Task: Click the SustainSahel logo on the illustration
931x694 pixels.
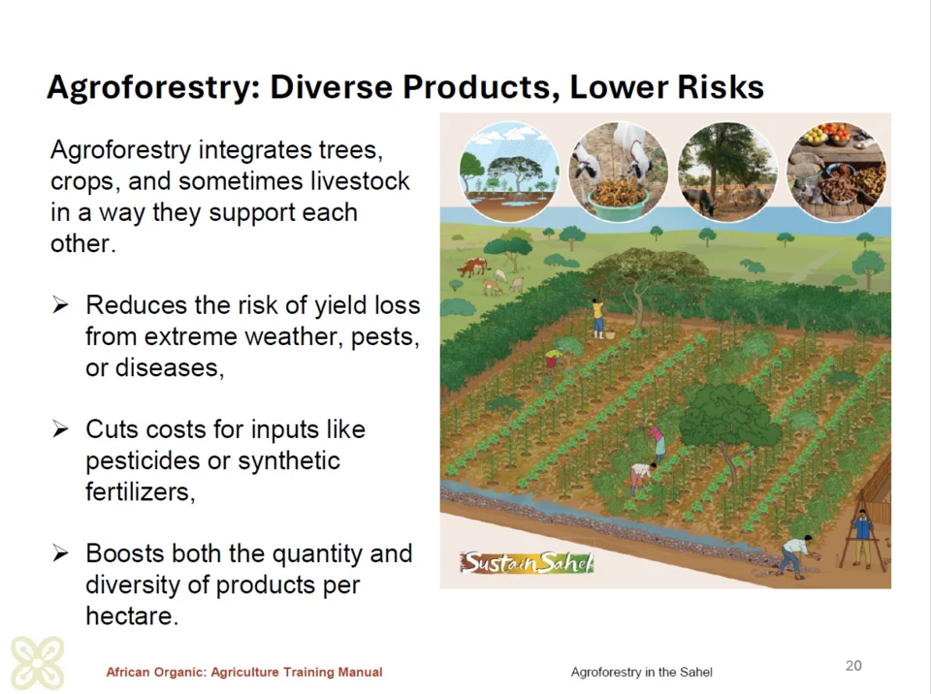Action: tap(527, 562)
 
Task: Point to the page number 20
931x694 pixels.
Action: tap(853, 666)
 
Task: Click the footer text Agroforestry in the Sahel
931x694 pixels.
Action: tap(641, 672)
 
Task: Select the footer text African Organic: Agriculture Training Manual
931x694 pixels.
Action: tap(244, 672)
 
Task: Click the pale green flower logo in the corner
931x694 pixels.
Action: tap(38, 663)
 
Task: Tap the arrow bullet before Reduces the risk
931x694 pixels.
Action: tap(60, 305)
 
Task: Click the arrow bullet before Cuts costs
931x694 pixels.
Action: tap(60, 428)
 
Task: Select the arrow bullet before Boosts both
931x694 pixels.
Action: tap(60, 553)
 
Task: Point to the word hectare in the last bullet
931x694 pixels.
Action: tap(132, 615)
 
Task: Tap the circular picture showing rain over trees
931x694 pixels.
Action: tap(509, 173)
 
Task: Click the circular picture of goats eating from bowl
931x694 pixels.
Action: tap(618, 173)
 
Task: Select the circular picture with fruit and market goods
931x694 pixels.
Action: tap(836, 173)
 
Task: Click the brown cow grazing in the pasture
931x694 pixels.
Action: tap(473, 267)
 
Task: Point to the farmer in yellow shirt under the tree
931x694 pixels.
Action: tap(598, 318)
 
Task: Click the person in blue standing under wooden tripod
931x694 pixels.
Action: tap(863, 537)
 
